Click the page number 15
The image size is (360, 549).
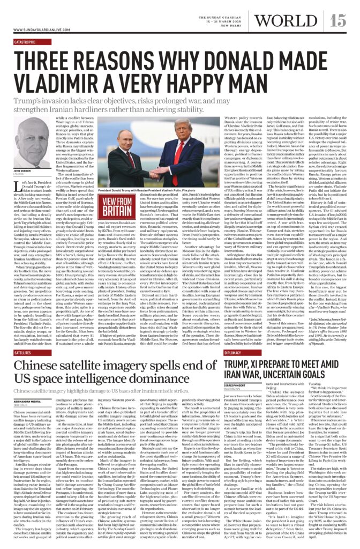337,20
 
